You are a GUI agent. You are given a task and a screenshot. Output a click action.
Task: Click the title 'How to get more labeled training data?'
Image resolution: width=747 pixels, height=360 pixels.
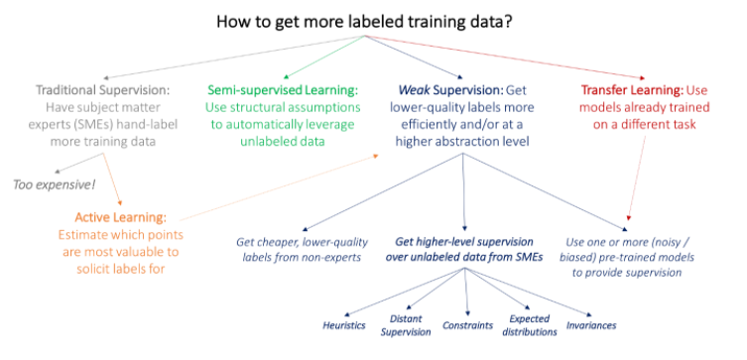tap(372, 18)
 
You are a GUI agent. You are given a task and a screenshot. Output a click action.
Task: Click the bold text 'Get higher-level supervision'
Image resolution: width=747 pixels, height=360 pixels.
tap(463, 242)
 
